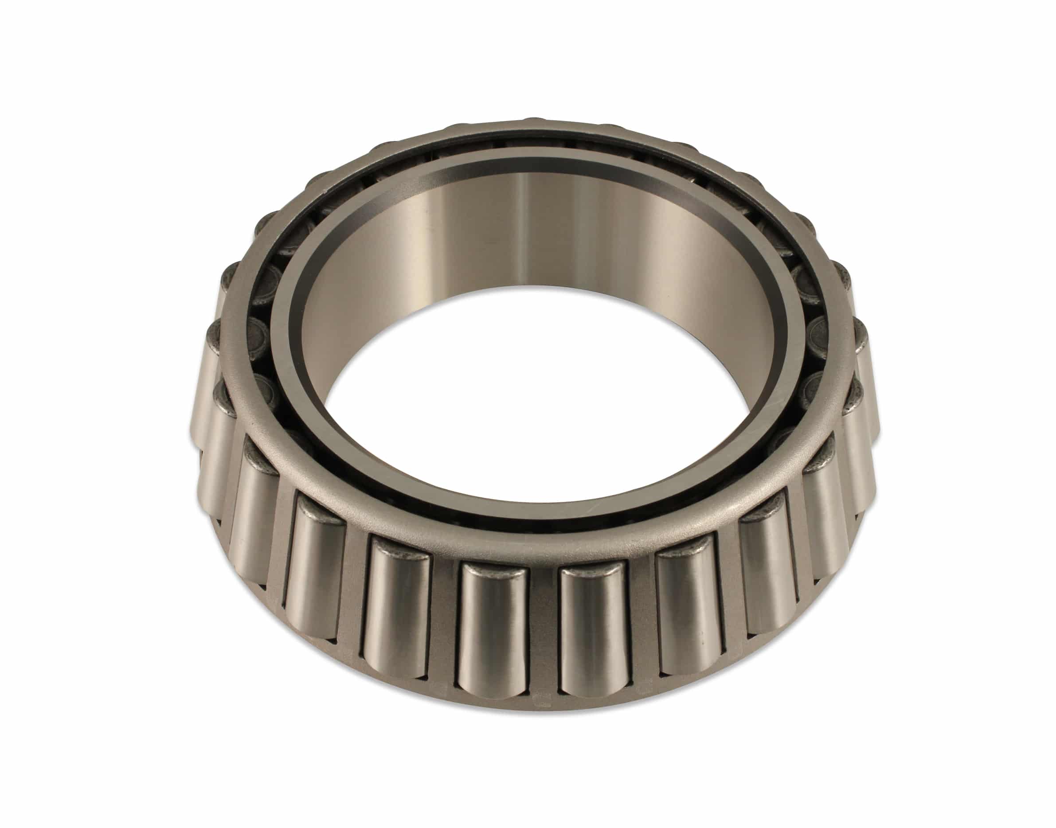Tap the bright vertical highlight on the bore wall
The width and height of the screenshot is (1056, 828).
coord(521,228)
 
